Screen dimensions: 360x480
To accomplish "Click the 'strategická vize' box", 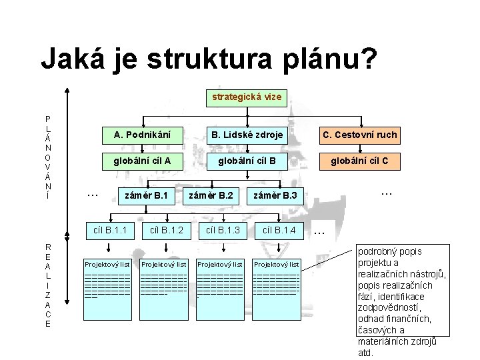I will [x=247, y=97].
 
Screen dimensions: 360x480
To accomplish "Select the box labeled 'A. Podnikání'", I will [x=142, y=135].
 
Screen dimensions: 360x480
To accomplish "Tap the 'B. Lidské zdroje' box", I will [x=247, y=135].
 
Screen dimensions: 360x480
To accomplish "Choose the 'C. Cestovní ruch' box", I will [x=360, y=135].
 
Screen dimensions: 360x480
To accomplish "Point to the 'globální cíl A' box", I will [x=142, y=160].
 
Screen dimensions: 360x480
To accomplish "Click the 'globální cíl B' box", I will [x=247, y=160].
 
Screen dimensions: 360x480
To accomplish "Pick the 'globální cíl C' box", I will [x=360, y=160].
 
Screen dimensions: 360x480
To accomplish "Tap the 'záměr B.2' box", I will [x=211, y=196].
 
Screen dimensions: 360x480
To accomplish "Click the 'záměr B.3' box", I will [x=275, y=196].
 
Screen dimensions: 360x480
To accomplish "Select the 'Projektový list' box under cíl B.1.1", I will [x=107, y=265].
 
